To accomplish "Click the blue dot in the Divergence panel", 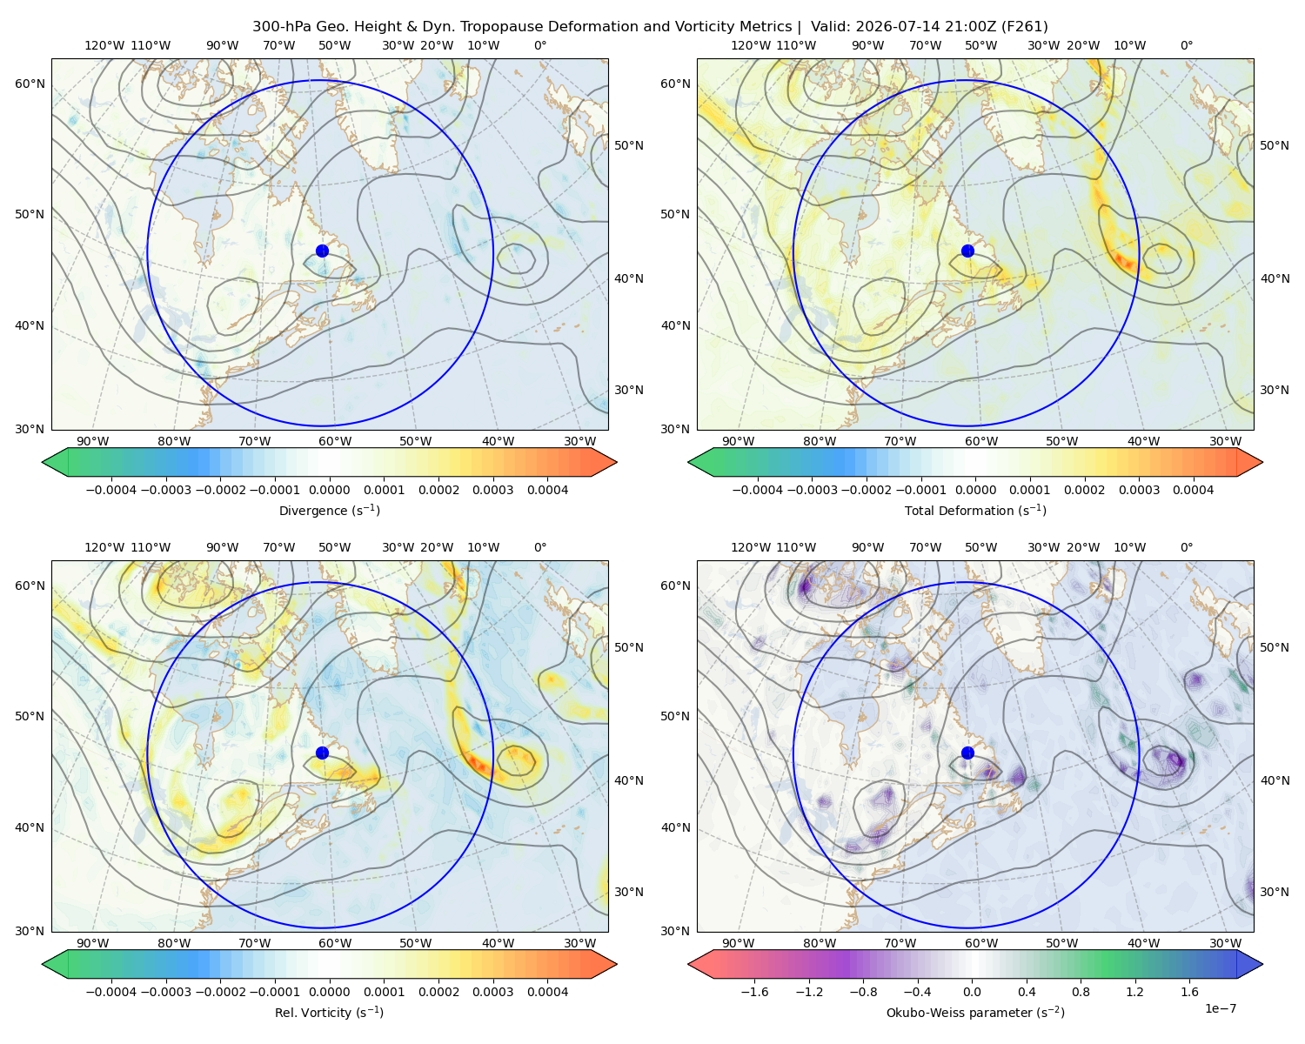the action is [322, 251].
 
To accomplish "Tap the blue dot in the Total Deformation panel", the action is [967, 251].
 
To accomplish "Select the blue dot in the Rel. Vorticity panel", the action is [322, 753].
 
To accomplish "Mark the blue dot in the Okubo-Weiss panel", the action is [967, 753].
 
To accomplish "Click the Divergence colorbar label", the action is [329, 511].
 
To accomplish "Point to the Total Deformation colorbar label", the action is [975, 511].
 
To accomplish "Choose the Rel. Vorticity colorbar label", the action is [329, 1013].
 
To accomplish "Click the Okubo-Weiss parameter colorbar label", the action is [975, 1013].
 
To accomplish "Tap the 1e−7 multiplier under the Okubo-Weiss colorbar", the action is [1220, 1009].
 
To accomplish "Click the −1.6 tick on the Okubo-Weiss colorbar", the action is [754, 992].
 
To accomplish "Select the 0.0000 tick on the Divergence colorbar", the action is [329, 490].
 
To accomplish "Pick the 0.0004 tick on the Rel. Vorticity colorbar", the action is [547, 992].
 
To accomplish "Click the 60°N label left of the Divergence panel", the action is [30, 84].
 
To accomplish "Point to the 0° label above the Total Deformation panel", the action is [1186, 45].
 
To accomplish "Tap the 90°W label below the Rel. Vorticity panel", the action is [93, 943].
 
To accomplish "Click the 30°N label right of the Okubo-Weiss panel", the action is [1275, 892].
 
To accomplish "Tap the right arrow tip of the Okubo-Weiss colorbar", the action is [1262, 964].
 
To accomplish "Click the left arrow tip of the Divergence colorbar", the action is [43, 462].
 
